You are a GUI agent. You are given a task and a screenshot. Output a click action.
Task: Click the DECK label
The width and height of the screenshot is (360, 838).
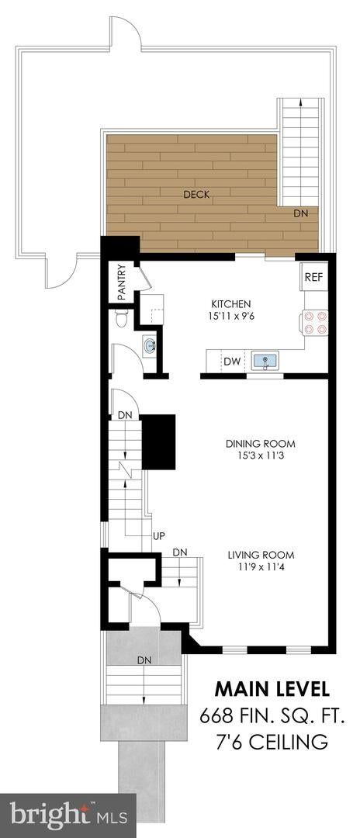(196, 195)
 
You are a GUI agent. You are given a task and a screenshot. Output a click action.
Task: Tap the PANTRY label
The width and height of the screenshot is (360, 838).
(121, 282)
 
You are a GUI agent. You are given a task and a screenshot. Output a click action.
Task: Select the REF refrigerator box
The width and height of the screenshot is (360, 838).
(313, 277)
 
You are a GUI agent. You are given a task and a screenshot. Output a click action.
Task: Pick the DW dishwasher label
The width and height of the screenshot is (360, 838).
(231, 362)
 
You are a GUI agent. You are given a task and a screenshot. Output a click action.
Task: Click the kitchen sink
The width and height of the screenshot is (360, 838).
(265, 361)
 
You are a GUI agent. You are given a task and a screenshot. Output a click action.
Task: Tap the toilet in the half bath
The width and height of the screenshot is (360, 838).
(122, 320)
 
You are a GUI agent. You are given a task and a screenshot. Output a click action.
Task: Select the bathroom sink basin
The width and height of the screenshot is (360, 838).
(150, 345)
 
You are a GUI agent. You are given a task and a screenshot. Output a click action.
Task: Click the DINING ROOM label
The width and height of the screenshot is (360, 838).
(260, 444)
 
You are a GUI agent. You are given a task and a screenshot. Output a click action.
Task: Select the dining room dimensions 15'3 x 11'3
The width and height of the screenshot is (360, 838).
(260, 456)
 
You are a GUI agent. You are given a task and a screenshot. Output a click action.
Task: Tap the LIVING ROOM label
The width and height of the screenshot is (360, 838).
(261, 555)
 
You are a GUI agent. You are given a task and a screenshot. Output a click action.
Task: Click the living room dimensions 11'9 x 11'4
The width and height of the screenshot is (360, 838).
(261, 567)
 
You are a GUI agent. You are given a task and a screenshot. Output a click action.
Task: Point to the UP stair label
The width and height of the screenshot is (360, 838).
(158, 535)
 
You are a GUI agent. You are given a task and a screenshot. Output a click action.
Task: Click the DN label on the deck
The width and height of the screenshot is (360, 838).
(300, 213)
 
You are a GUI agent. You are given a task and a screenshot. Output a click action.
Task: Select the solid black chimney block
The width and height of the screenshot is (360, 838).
(158, 442)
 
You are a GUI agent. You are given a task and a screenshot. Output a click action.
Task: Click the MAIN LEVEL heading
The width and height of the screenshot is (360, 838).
(272, 689)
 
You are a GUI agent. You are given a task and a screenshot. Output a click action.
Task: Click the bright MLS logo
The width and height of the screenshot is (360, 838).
(68, 816)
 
